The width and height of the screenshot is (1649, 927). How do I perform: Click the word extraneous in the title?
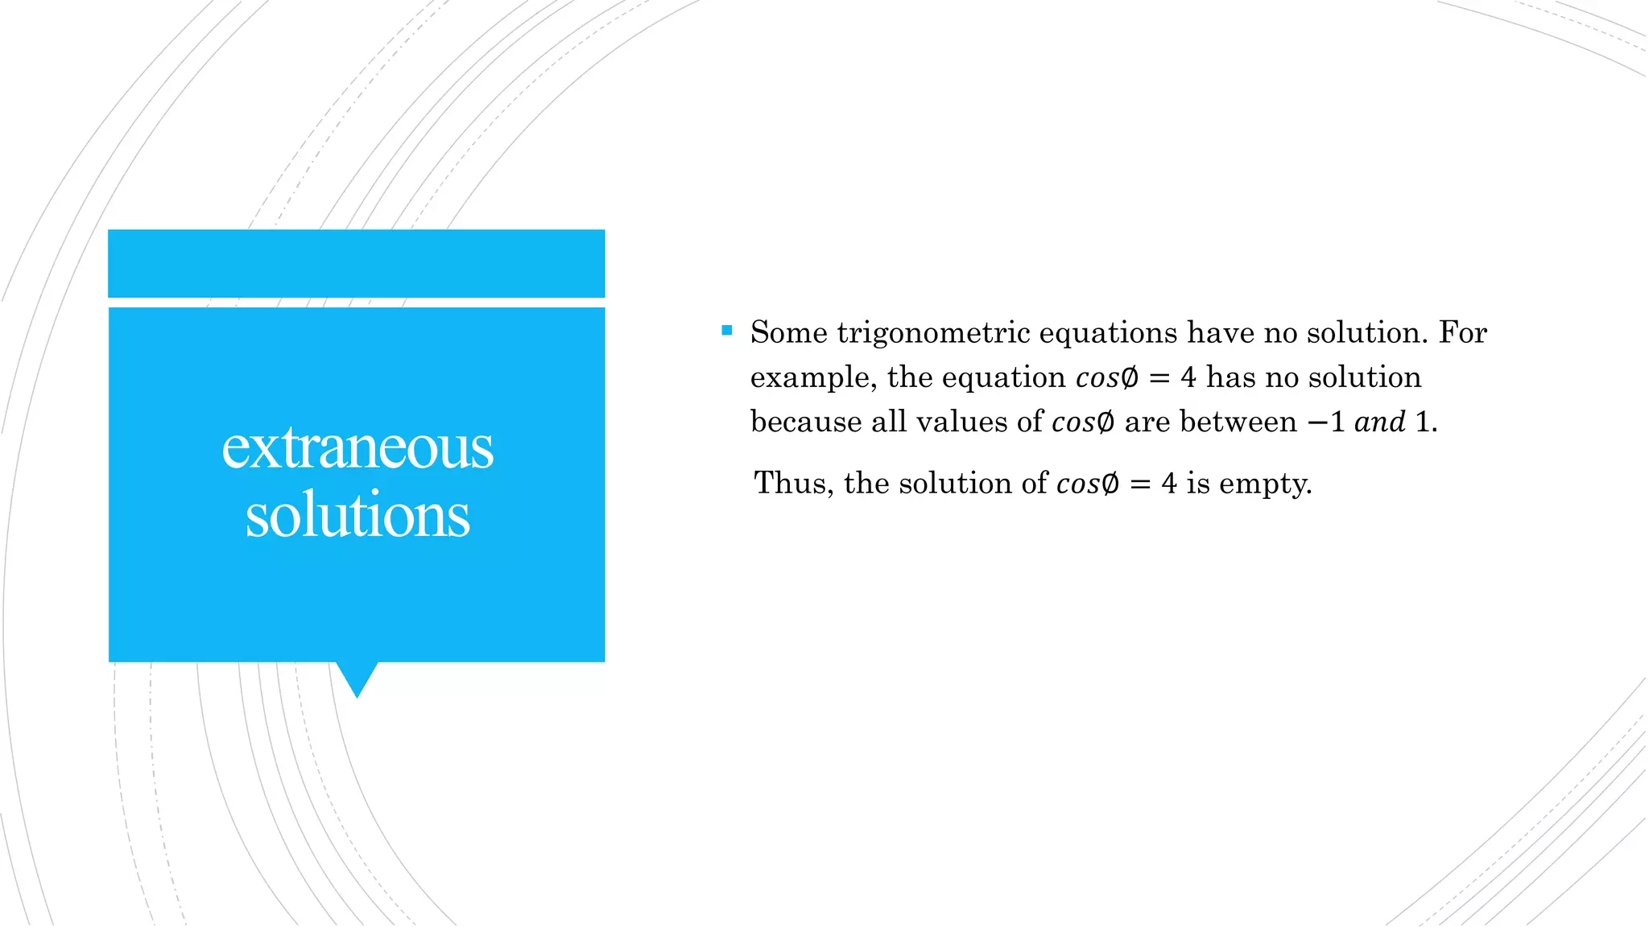pyautogui.click(x=357, y=447)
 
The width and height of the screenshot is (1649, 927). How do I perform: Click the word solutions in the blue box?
pyautogui.click(x=357, y=515)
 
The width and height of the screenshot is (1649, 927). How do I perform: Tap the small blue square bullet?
pyautogui.click(x=727, y=330)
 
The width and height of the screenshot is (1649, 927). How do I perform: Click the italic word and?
pyautogui.click(x=1379, y=422)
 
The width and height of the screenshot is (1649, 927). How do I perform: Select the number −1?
pyautogui.click(x=1326, y=422)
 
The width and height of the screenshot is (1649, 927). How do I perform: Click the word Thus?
pyautogui.click(x=792, y=483)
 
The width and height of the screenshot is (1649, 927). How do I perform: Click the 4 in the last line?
pyautogui.click(x=1169, y=483)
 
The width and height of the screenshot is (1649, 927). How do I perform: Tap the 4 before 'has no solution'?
pyautogui.click(x=1188, y=377)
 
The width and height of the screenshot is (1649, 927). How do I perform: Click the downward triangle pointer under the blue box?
pyautogui.click(x=357, y=678)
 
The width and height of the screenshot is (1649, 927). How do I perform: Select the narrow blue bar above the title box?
pyautogui.click(x=357, y=263)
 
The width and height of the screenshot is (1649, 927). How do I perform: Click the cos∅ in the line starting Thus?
pyautogui.click(x=1087, y=484)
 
